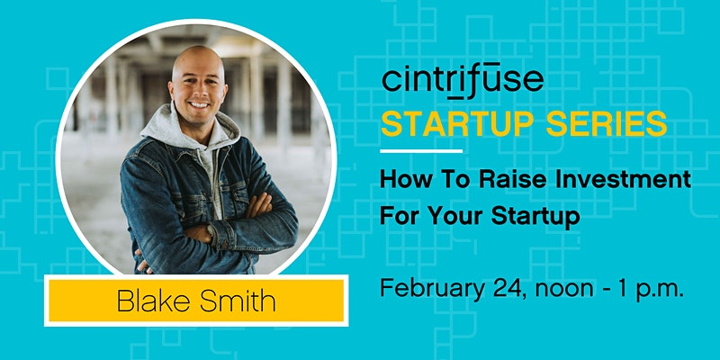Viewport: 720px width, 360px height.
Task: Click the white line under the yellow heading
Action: point(421,150)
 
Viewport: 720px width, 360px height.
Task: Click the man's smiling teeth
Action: point(198,105)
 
